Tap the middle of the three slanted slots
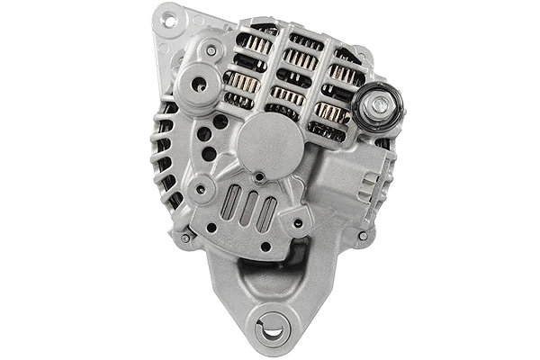(x=248, y=209)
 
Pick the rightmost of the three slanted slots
(x=266, y=214)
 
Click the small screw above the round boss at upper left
(x=211, y=51)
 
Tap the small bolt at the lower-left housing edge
(x=185, y=238)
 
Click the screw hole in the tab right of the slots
(x=297, y=222)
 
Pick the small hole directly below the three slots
(x=265, y=246)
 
